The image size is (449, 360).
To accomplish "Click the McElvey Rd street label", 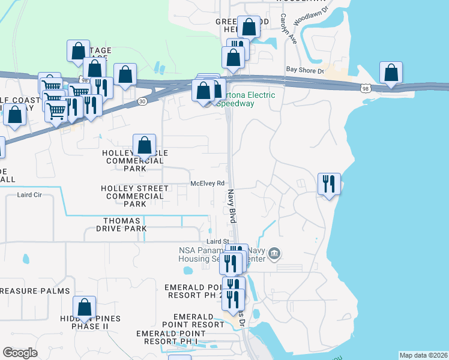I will coord(207,184).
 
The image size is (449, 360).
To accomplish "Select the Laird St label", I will coord(218,241).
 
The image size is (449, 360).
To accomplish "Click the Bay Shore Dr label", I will coord(305,70).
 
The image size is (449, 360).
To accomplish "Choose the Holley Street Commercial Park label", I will coord(134,196).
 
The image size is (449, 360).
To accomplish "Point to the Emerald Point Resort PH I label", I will coord(175,337).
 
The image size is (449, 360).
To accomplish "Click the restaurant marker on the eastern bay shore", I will coord(329,184).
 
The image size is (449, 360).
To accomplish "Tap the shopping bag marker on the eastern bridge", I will coord(391,73).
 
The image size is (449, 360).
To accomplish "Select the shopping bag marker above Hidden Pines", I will coord(84,307).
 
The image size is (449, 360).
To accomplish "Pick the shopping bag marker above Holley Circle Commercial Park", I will coord(144,145).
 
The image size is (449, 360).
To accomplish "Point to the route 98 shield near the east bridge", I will coord(366,89).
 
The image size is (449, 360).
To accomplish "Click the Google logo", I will coord(20,353).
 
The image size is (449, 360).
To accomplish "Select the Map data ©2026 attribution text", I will coord(423,355).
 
